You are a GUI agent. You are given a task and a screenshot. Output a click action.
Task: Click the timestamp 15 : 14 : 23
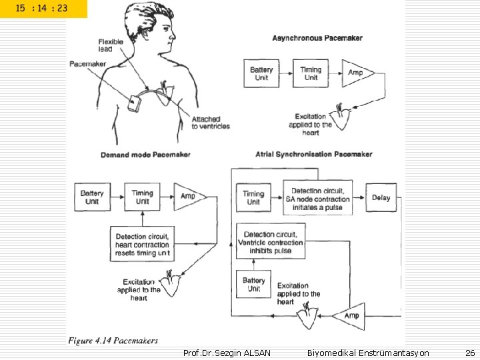point(41,9)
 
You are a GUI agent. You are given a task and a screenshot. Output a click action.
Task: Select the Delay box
point(381,197)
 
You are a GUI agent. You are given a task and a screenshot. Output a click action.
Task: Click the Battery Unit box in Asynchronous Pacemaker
point(261,73)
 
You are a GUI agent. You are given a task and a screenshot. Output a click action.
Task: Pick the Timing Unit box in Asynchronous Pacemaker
point(311,73)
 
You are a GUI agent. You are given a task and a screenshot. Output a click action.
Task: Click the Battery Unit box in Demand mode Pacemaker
point(92,197)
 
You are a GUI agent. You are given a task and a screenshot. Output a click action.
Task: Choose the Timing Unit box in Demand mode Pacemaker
point(143,197)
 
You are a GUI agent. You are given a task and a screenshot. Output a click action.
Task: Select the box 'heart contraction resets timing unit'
point(143,245)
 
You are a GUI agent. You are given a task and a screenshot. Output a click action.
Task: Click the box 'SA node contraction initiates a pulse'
point(317,197)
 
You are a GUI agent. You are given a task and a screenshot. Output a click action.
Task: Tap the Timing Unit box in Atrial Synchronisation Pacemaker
point(253,198)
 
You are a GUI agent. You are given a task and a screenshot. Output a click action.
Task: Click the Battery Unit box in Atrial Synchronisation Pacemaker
point(253,285)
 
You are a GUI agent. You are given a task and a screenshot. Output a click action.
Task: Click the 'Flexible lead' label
point(111,45)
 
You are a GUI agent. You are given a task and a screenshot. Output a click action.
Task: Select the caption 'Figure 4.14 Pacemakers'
point(113,341)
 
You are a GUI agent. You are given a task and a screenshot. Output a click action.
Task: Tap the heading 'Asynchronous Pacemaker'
point(317,38)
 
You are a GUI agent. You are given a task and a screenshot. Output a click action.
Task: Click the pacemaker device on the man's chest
point(135,104)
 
